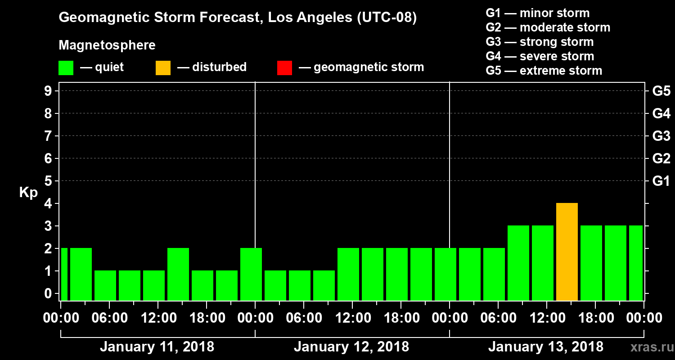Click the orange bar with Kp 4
[567, 252]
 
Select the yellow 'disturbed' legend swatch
[163, 67]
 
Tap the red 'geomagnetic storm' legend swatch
[284, 67]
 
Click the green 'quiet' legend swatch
[66, 67]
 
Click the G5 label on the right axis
[661, 91]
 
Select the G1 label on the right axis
[661, 181]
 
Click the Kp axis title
[28, 192]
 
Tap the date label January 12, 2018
[351, 347]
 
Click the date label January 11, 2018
[157, 347]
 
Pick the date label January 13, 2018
[545, 347]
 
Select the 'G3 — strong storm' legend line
[540, 42]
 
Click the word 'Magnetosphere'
[107, 45]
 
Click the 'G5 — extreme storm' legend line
[544, 71]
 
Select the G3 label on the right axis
[661, 136]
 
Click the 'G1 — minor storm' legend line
[537, 13]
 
